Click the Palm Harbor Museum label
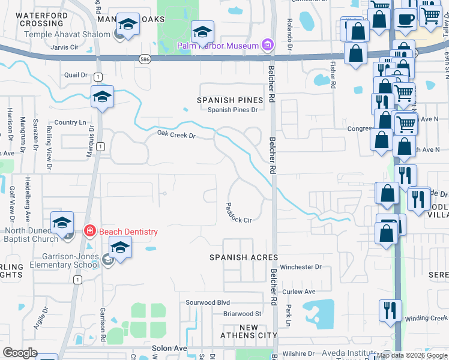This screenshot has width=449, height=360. tap(217, 46)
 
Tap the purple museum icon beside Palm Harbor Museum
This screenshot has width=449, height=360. tap(268, 45)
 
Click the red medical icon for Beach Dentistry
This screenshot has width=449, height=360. tap(89, 230)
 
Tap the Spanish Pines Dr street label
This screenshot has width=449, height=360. tap(232, 110)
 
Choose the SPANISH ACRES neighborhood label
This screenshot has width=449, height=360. tap(244, 257)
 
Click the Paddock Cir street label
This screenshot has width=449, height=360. tap(238, 212)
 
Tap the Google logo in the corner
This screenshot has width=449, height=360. tap(20, 353)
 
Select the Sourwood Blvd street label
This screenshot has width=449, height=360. tap(208, 302)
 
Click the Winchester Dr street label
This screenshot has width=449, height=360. tap(301, 267)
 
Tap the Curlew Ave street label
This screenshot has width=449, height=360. tap(299, 292)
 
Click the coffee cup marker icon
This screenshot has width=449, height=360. tap(405, 19)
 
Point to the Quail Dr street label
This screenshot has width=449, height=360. tap(76, 75)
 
